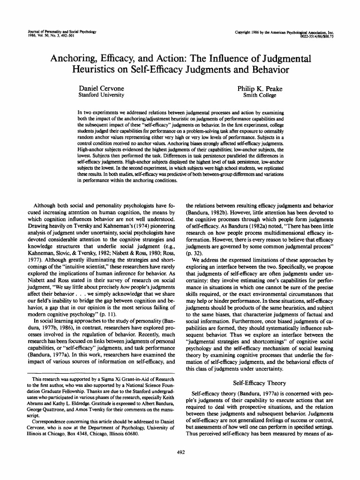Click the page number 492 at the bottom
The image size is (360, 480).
tap(180, 452)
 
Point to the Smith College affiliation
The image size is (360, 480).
tap(259, 95)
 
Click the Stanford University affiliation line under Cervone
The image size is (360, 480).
tap(100, 95)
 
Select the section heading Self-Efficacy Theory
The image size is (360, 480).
tap(260, 382)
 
